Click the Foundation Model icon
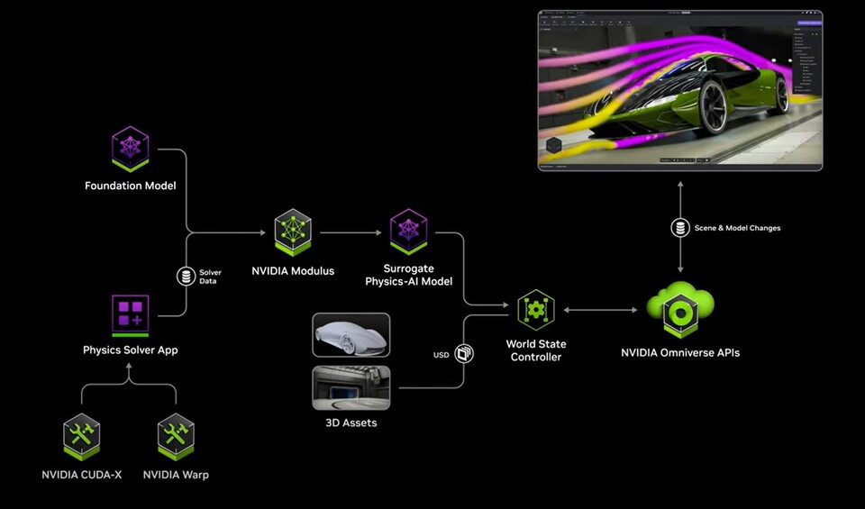coord(130,149)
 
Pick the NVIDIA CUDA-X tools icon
coord(82,436)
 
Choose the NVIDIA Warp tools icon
coord(176,436)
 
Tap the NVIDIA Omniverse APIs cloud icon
coord(680,309)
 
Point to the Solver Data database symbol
coord(187,276)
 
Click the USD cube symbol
coord(464,354)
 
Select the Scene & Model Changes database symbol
coord(680,228)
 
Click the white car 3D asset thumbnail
coord(351,335)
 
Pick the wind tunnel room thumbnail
coord(351,387)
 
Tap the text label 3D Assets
coord(351,422)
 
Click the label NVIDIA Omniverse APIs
coord(680,352)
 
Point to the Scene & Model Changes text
coord(737,228)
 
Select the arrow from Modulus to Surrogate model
coord(351,232)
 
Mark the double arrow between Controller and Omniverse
coord(600,310)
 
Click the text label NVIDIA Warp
coord(176,474)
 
